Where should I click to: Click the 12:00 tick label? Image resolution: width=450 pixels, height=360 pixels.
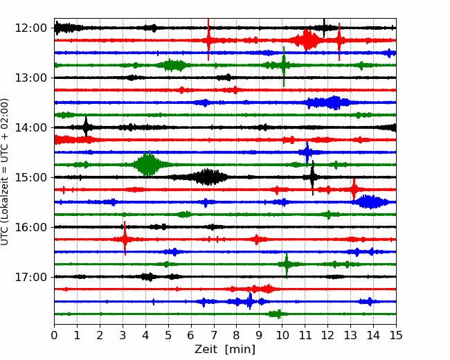pyautogui.click(x=30, y=28)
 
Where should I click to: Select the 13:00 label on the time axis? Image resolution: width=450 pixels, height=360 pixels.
pyautogui.click(x=30, y=78)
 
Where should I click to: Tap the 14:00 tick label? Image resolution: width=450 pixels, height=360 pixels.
pyautogui.click(x=30, y=127)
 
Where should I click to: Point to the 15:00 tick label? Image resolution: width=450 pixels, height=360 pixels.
pyautogui.click(x=30, y=177)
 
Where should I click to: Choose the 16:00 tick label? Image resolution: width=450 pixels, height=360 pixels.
pyautogui.click(x=30, y=227)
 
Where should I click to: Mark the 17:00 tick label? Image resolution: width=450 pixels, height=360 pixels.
pyautogui.click(x=30, y=277)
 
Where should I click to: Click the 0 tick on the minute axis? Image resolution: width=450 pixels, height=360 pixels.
pyautogui.click(x=54, y=335)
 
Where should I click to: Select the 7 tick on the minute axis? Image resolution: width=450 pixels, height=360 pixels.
pyautogui.click(x=214, y=335)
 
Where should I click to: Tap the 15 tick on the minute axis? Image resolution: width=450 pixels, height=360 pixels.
pyautogui.click(x=396, y=335)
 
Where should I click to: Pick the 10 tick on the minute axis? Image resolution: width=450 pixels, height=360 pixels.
pyautogui.click(x=282, y=335)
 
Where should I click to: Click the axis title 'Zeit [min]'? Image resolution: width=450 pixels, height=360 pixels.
pyautogui.click(x=225, y=350)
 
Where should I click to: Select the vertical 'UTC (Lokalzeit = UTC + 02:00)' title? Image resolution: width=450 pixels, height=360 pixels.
pyautogui.click(x=4, y=172)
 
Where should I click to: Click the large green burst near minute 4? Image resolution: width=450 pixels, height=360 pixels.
pyautogui.click(x=147, y=164)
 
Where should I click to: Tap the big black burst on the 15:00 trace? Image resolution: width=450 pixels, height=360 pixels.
pyautogui.click(x=208, y=177)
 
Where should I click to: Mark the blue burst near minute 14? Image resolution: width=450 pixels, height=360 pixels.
pyautogui.click(x=371, y=202)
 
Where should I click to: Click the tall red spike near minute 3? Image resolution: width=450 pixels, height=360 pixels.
pyautogui.click(x=125, y=238)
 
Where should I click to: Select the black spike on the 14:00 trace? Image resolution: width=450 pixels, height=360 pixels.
pyautogui.click(x=86, y=127)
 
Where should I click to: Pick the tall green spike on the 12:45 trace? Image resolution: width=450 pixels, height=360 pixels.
pyautogui.click(x=284, y=66)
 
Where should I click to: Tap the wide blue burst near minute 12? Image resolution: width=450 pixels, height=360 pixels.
pyautogui.click(x=329, y=102)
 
